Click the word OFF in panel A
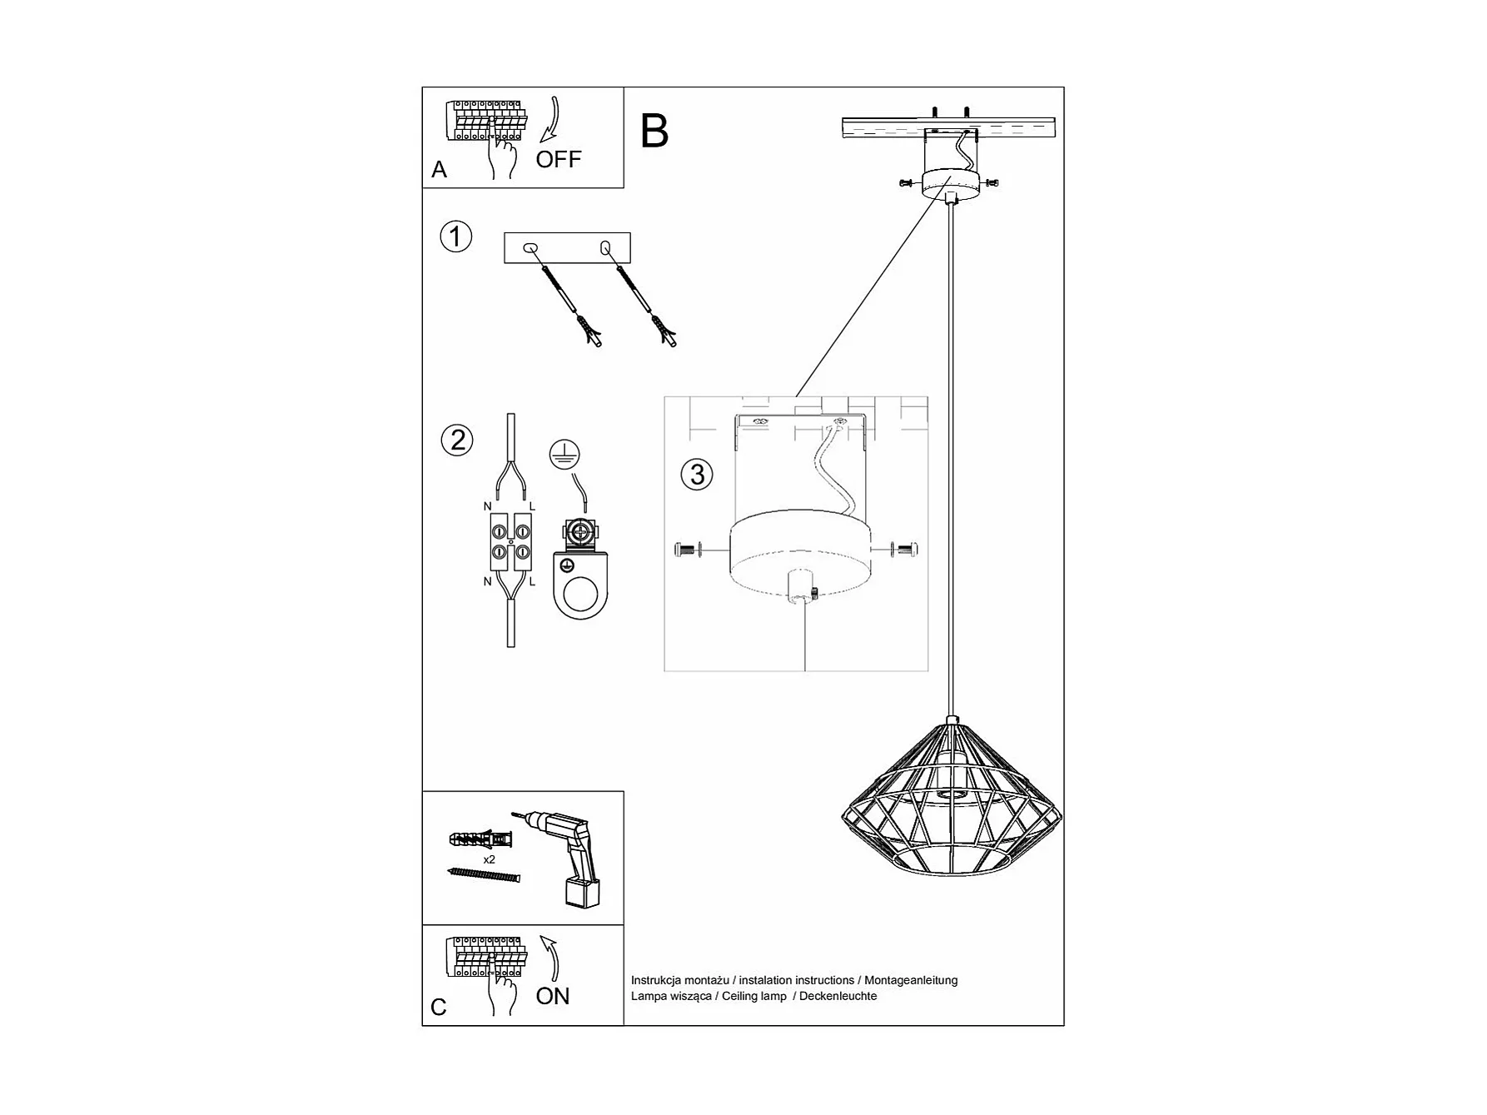tap(558, 159)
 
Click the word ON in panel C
tap(553, 996)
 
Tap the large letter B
tap(654, 131)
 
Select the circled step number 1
tap(455, 236)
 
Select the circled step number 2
tap(457, 440)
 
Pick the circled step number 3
tap(697, 475)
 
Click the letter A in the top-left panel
tap(440, 170)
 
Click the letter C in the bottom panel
tap(439, 1008)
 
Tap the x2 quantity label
tap(489, 859)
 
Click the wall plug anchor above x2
tap(480, 837)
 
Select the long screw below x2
tap(483, 874)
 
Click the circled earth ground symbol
tap(564, 454)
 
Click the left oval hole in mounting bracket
tap(530, 247)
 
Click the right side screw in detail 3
tap(904, 549)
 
